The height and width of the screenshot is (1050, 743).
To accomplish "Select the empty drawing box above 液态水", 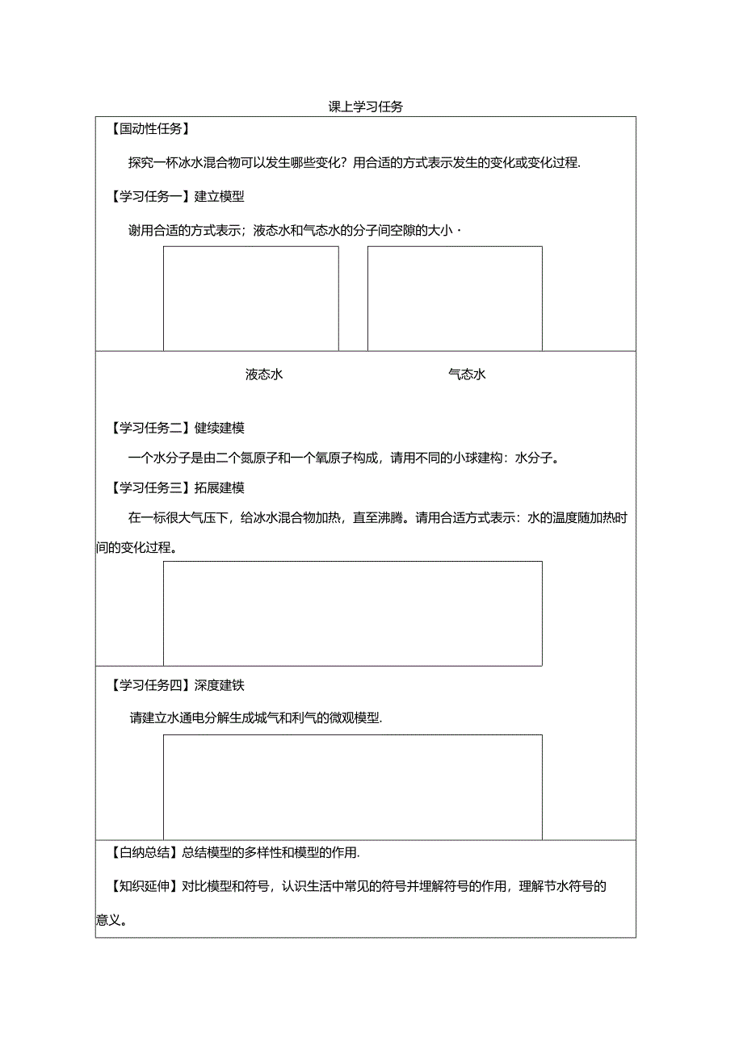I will point(250,298).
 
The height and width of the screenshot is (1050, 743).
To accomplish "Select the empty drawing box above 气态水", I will point(455,298).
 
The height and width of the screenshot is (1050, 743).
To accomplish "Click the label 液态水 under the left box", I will point(264,374).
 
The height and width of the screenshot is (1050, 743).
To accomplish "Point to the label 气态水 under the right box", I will point(467,374).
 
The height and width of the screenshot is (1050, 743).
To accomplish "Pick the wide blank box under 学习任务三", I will point(352,613).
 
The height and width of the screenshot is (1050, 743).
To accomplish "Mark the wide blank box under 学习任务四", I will point(352,787).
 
